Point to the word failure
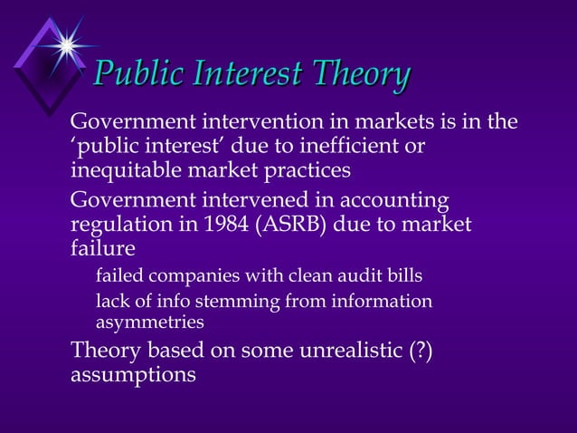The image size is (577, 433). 103,248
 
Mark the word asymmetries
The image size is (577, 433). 150,322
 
